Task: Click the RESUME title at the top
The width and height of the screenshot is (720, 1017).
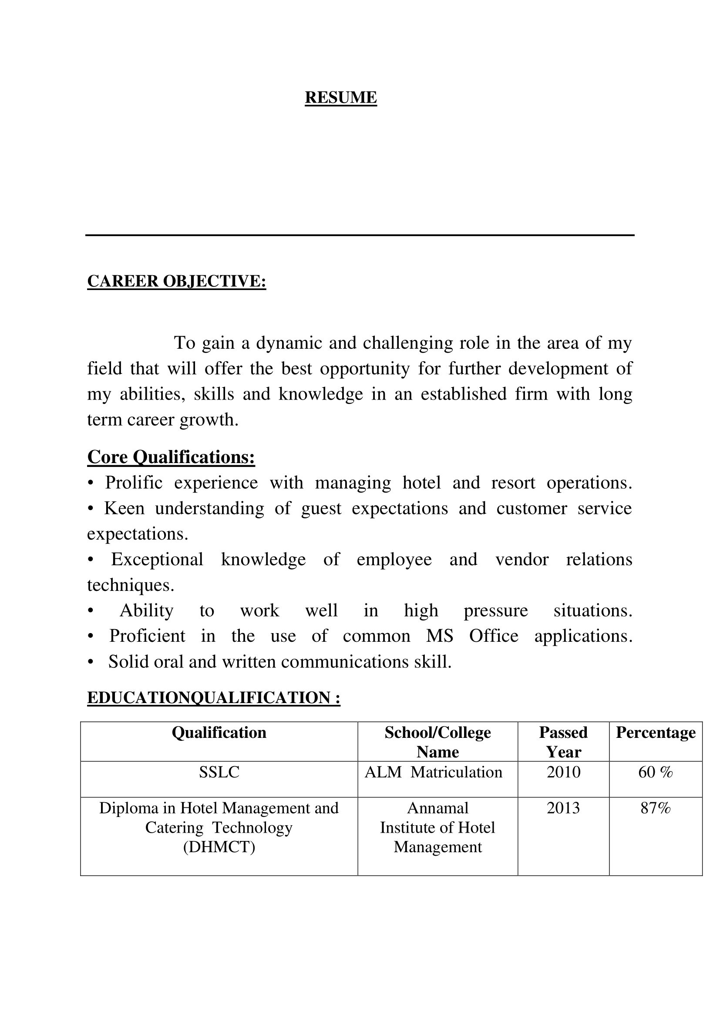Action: (340, 97)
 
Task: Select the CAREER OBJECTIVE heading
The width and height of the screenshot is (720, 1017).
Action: (176, 281)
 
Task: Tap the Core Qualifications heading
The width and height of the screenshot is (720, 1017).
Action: (171, 457)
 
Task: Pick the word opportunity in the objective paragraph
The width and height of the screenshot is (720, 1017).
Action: (364, 369)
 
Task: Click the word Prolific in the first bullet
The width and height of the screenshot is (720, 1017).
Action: (134, 483)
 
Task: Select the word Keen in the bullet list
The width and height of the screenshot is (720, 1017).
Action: (124, 509)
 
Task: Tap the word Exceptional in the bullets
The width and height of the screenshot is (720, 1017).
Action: (157, 560)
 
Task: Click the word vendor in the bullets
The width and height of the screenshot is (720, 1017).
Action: (522, 560)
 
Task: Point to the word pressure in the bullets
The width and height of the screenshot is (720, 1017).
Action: (496, 611)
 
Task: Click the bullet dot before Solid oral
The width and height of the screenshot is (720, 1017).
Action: (91, 662)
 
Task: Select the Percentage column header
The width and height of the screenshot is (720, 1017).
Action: (655, 733)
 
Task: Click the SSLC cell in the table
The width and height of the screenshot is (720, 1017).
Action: (219, 773)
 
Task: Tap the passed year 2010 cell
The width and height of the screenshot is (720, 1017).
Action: (563, 773)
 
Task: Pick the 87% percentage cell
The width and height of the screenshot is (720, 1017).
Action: (655, 808)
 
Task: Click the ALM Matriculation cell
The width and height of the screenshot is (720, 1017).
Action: (433, 773)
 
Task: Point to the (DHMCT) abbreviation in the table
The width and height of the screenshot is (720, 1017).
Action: (219, 847)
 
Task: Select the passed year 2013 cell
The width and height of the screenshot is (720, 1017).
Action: (563, 808)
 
